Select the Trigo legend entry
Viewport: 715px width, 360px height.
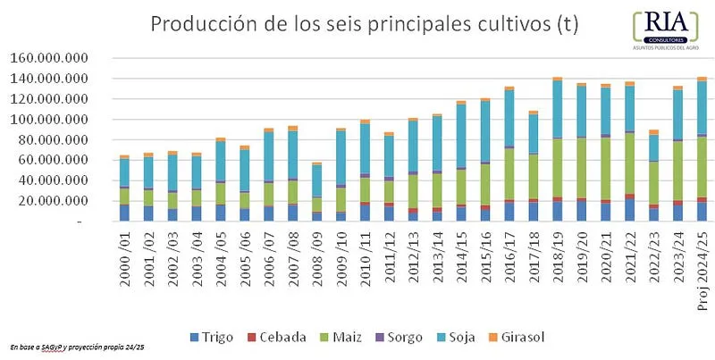coord(212,336)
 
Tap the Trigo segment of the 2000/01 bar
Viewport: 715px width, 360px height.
coord(125,213)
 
